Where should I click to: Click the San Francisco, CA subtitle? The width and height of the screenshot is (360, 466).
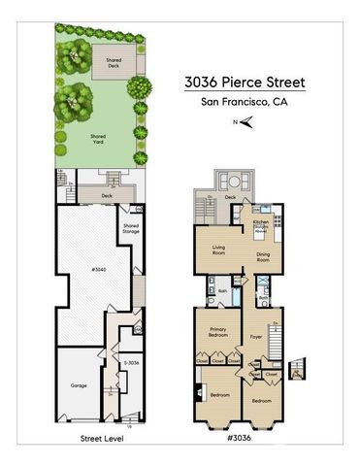[245, 101]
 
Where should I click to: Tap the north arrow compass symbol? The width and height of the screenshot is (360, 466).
[246, 121]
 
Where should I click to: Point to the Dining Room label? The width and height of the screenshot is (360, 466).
[262, 257]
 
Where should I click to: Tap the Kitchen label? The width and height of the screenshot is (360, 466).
[260, 222]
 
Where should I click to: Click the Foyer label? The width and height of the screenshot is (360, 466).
[256, 337]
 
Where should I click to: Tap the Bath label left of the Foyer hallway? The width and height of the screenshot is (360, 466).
[222, 291]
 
